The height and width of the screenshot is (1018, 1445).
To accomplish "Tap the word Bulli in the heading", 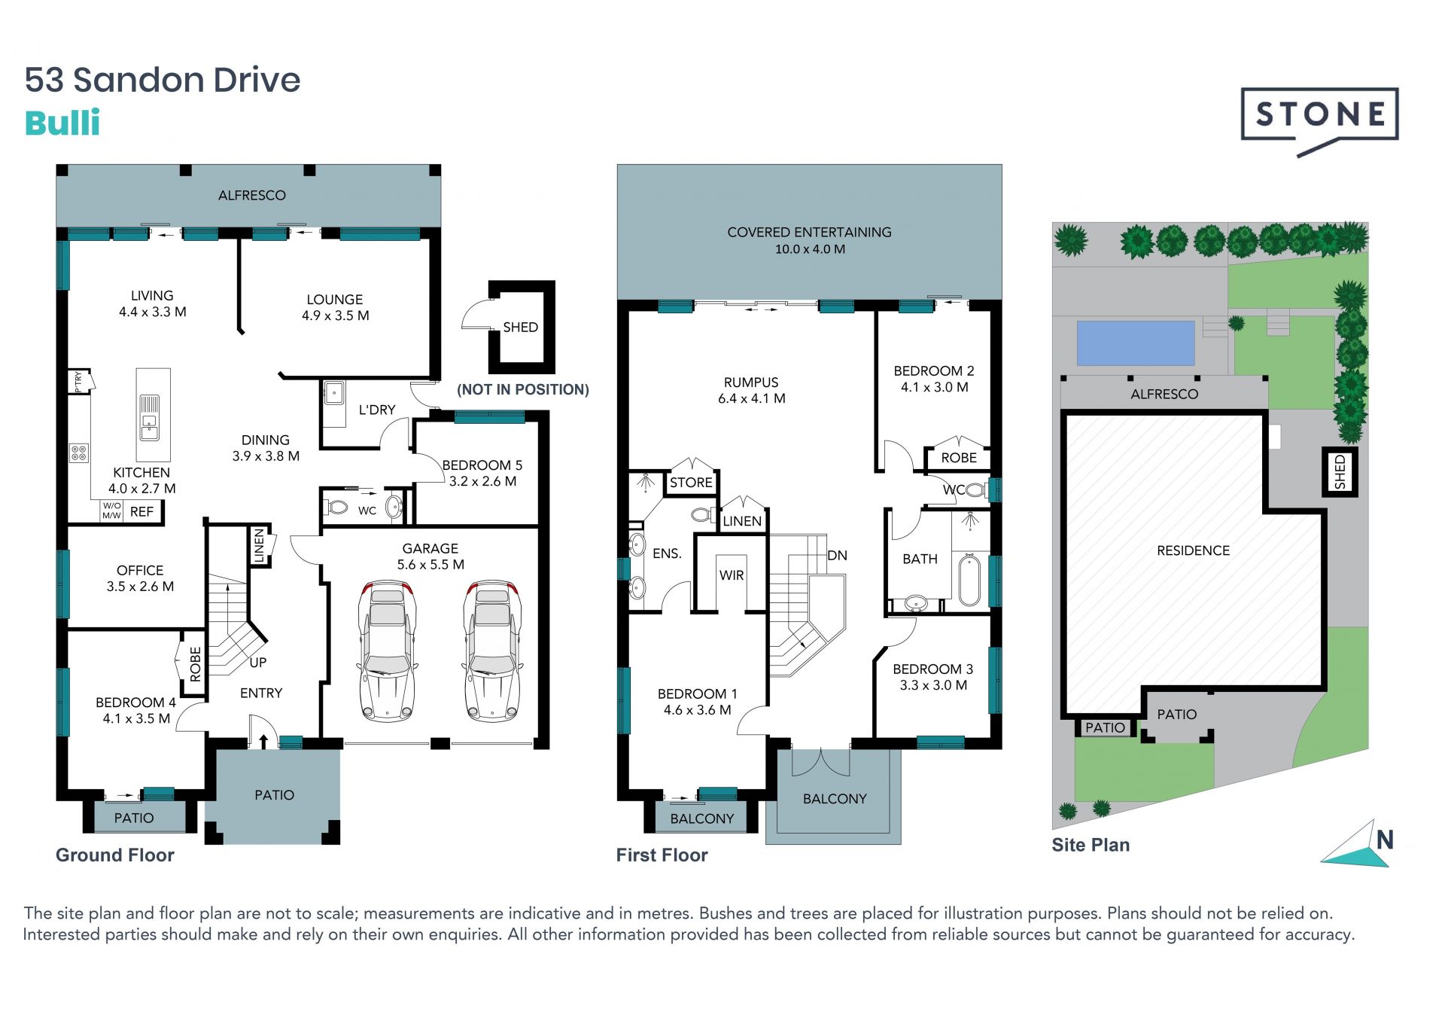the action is click(62, 123).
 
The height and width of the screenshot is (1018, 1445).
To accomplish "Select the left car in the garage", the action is click(387, 651).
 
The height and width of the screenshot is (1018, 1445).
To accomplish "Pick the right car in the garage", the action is click(492, 651).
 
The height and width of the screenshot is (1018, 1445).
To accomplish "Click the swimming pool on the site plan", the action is click(1136, 343).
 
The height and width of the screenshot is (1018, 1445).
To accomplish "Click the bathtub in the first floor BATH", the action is click(969, 580).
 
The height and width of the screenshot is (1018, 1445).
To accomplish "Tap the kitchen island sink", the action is click(150, 417).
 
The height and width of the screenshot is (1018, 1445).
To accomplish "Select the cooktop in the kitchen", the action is click(79, 453).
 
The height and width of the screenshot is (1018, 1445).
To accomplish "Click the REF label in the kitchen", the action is click(141, 512).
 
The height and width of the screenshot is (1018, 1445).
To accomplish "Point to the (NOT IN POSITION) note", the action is click(523, 389).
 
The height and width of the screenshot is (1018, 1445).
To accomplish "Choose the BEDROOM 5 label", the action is click(482, 465).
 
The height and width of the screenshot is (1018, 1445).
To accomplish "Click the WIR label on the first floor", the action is click(732, 575).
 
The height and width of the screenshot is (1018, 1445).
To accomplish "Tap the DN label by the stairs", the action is click(837, 556).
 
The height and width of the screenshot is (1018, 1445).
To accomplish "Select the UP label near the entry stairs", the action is click(258, 663).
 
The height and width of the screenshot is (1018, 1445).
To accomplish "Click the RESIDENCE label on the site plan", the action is click(1194, 550).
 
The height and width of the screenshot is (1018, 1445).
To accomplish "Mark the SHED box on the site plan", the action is click(1340, 471).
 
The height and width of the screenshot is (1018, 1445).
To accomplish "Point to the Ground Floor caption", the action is click(115, 855).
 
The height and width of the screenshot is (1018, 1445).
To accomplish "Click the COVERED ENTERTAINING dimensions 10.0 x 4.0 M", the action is click(810, 249).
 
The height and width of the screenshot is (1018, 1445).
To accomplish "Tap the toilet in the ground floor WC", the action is click(337, 507).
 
